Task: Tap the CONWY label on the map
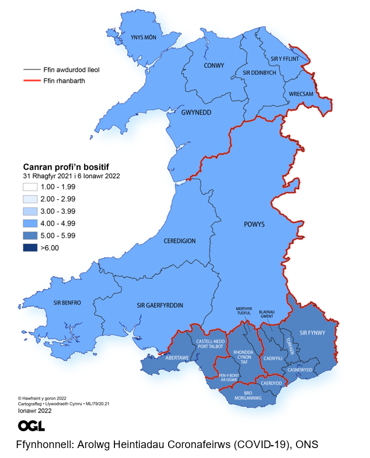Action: (x=214, y=65)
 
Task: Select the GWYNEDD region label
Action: (x=196, y=112)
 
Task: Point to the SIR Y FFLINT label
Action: (x=285, y=59)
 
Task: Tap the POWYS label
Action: (x=254, y=224)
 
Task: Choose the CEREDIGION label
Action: (x=180, y=241)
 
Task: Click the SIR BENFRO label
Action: (x=67, y=303)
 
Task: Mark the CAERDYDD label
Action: (x=271, y=383)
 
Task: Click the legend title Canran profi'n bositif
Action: (x=65, y=166)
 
